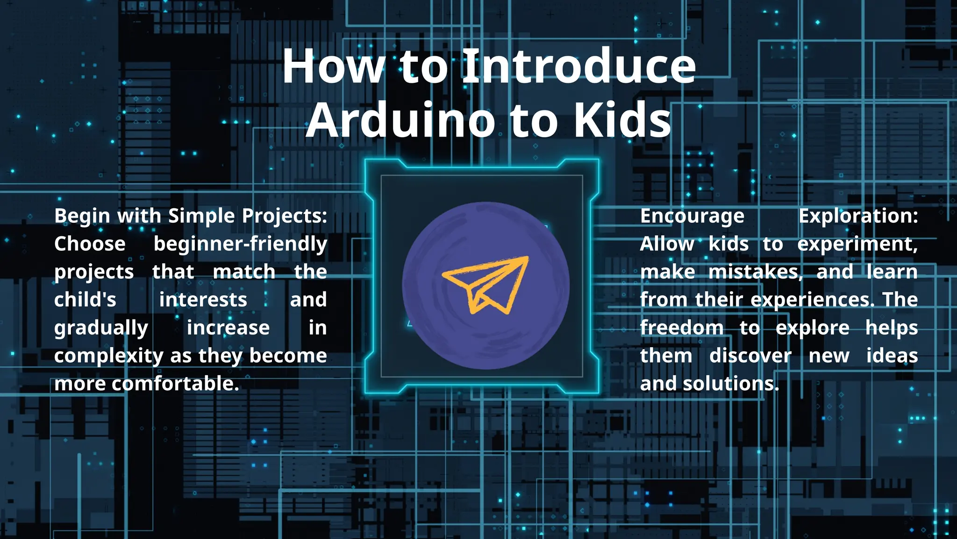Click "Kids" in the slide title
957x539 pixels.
coord(622,120)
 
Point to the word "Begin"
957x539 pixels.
coord(82,217)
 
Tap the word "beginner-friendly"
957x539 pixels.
coord(240,244)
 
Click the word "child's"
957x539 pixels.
coord(85,300)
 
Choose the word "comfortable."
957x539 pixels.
coord(175,384)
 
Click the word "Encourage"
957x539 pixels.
coord(692,217)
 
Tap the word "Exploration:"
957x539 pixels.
coord(858,216)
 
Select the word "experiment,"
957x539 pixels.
coord(857,244)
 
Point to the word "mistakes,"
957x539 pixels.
coord(755,272)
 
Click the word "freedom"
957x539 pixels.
coord(682,328)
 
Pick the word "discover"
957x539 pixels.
coord(750,356)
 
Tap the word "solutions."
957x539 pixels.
coord(731,384)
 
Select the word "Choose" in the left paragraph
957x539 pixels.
coord(90,244)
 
